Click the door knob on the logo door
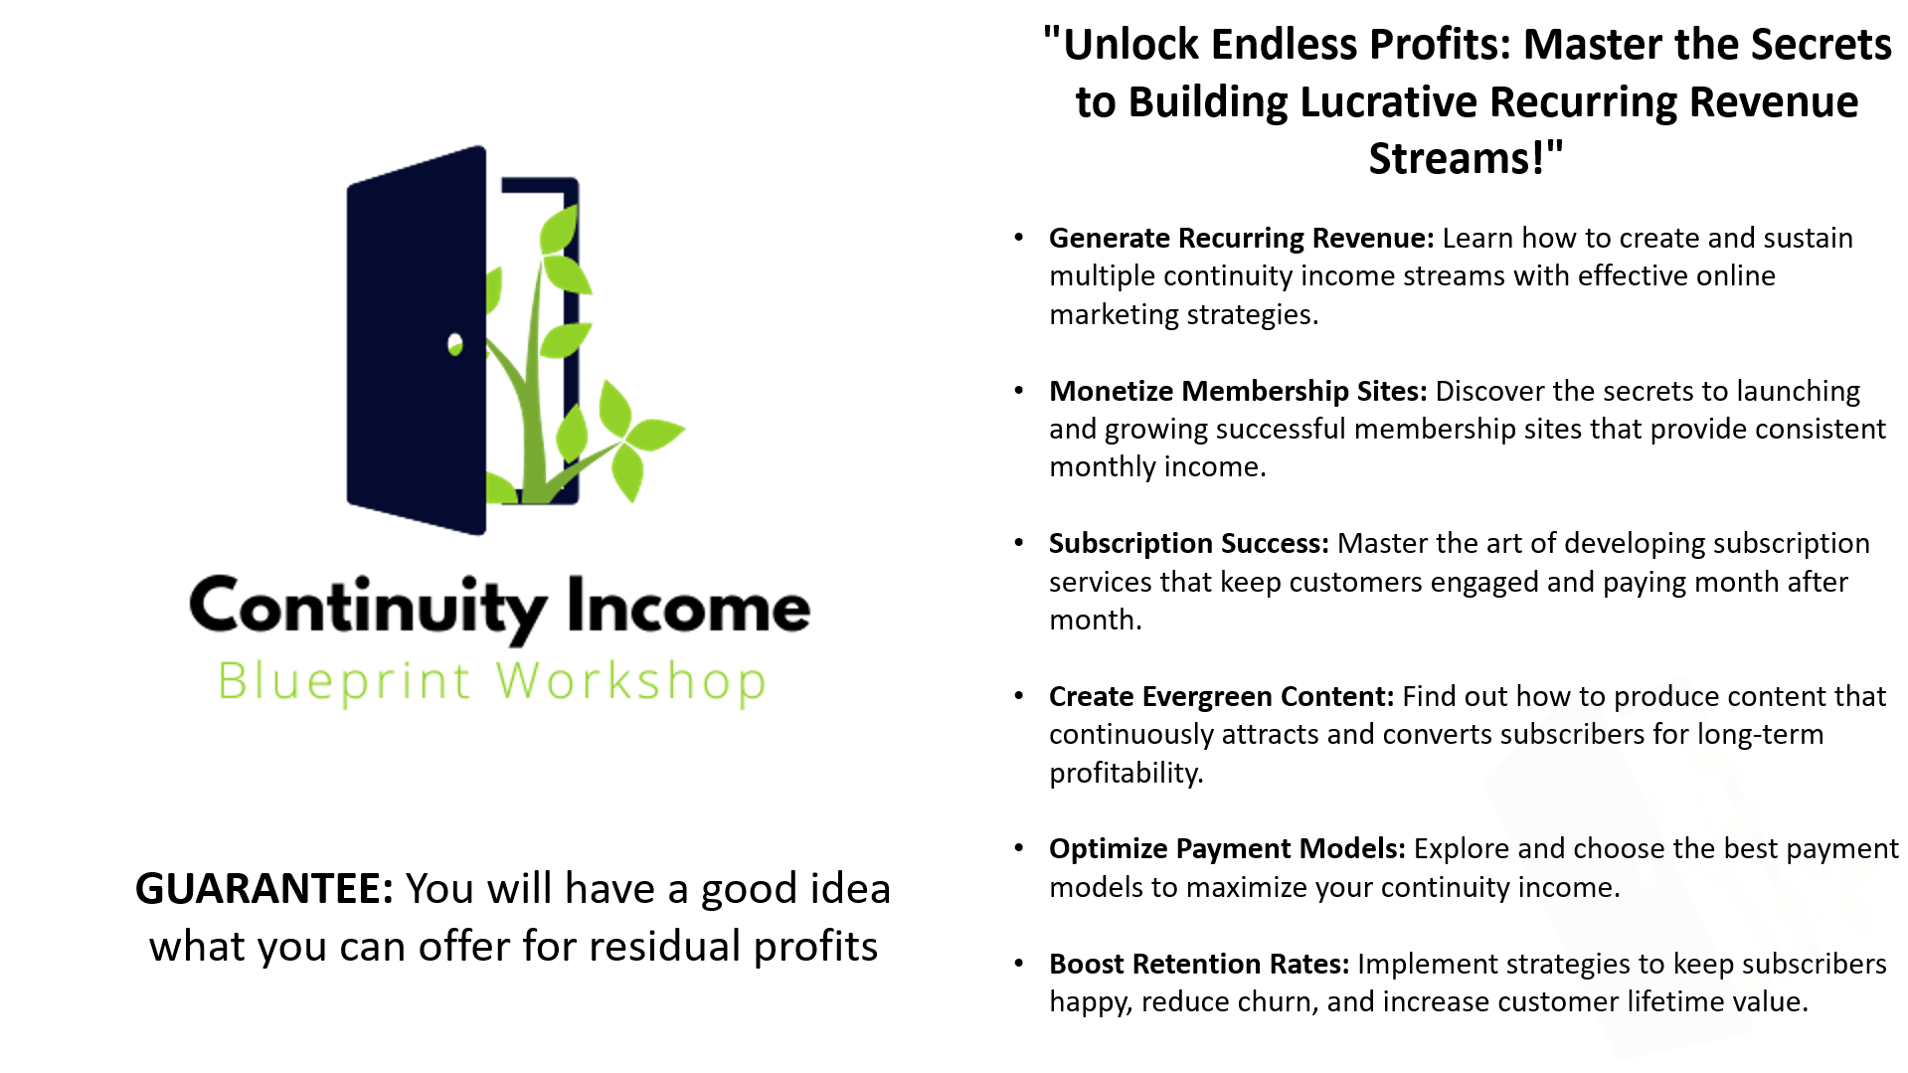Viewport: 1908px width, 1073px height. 455,344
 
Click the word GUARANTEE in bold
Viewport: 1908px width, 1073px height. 264,888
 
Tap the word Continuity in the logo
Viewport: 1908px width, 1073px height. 368,607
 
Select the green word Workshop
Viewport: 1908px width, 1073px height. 631,682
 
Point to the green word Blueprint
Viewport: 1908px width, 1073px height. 344,682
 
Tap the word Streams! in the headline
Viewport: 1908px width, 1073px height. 1467,159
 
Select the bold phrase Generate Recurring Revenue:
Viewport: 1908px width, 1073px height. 1242,239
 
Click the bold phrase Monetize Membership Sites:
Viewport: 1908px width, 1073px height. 1238,392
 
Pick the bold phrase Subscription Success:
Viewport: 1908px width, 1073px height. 1189,544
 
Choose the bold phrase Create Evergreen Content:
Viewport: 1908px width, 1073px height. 1222,697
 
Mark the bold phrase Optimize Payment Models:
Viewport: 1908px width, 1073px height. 1228,849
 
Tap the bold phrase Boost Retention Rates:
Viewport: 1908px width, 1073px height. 1199,965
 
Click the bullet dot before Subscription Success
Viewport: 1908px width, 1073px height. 1018,543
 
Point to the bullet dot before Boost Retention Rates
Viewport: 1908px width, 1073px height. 1018,964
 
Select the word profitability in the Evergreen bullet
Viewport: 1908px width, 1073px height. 1127,774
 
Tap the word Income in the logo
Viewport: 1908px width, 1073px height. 689,607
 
